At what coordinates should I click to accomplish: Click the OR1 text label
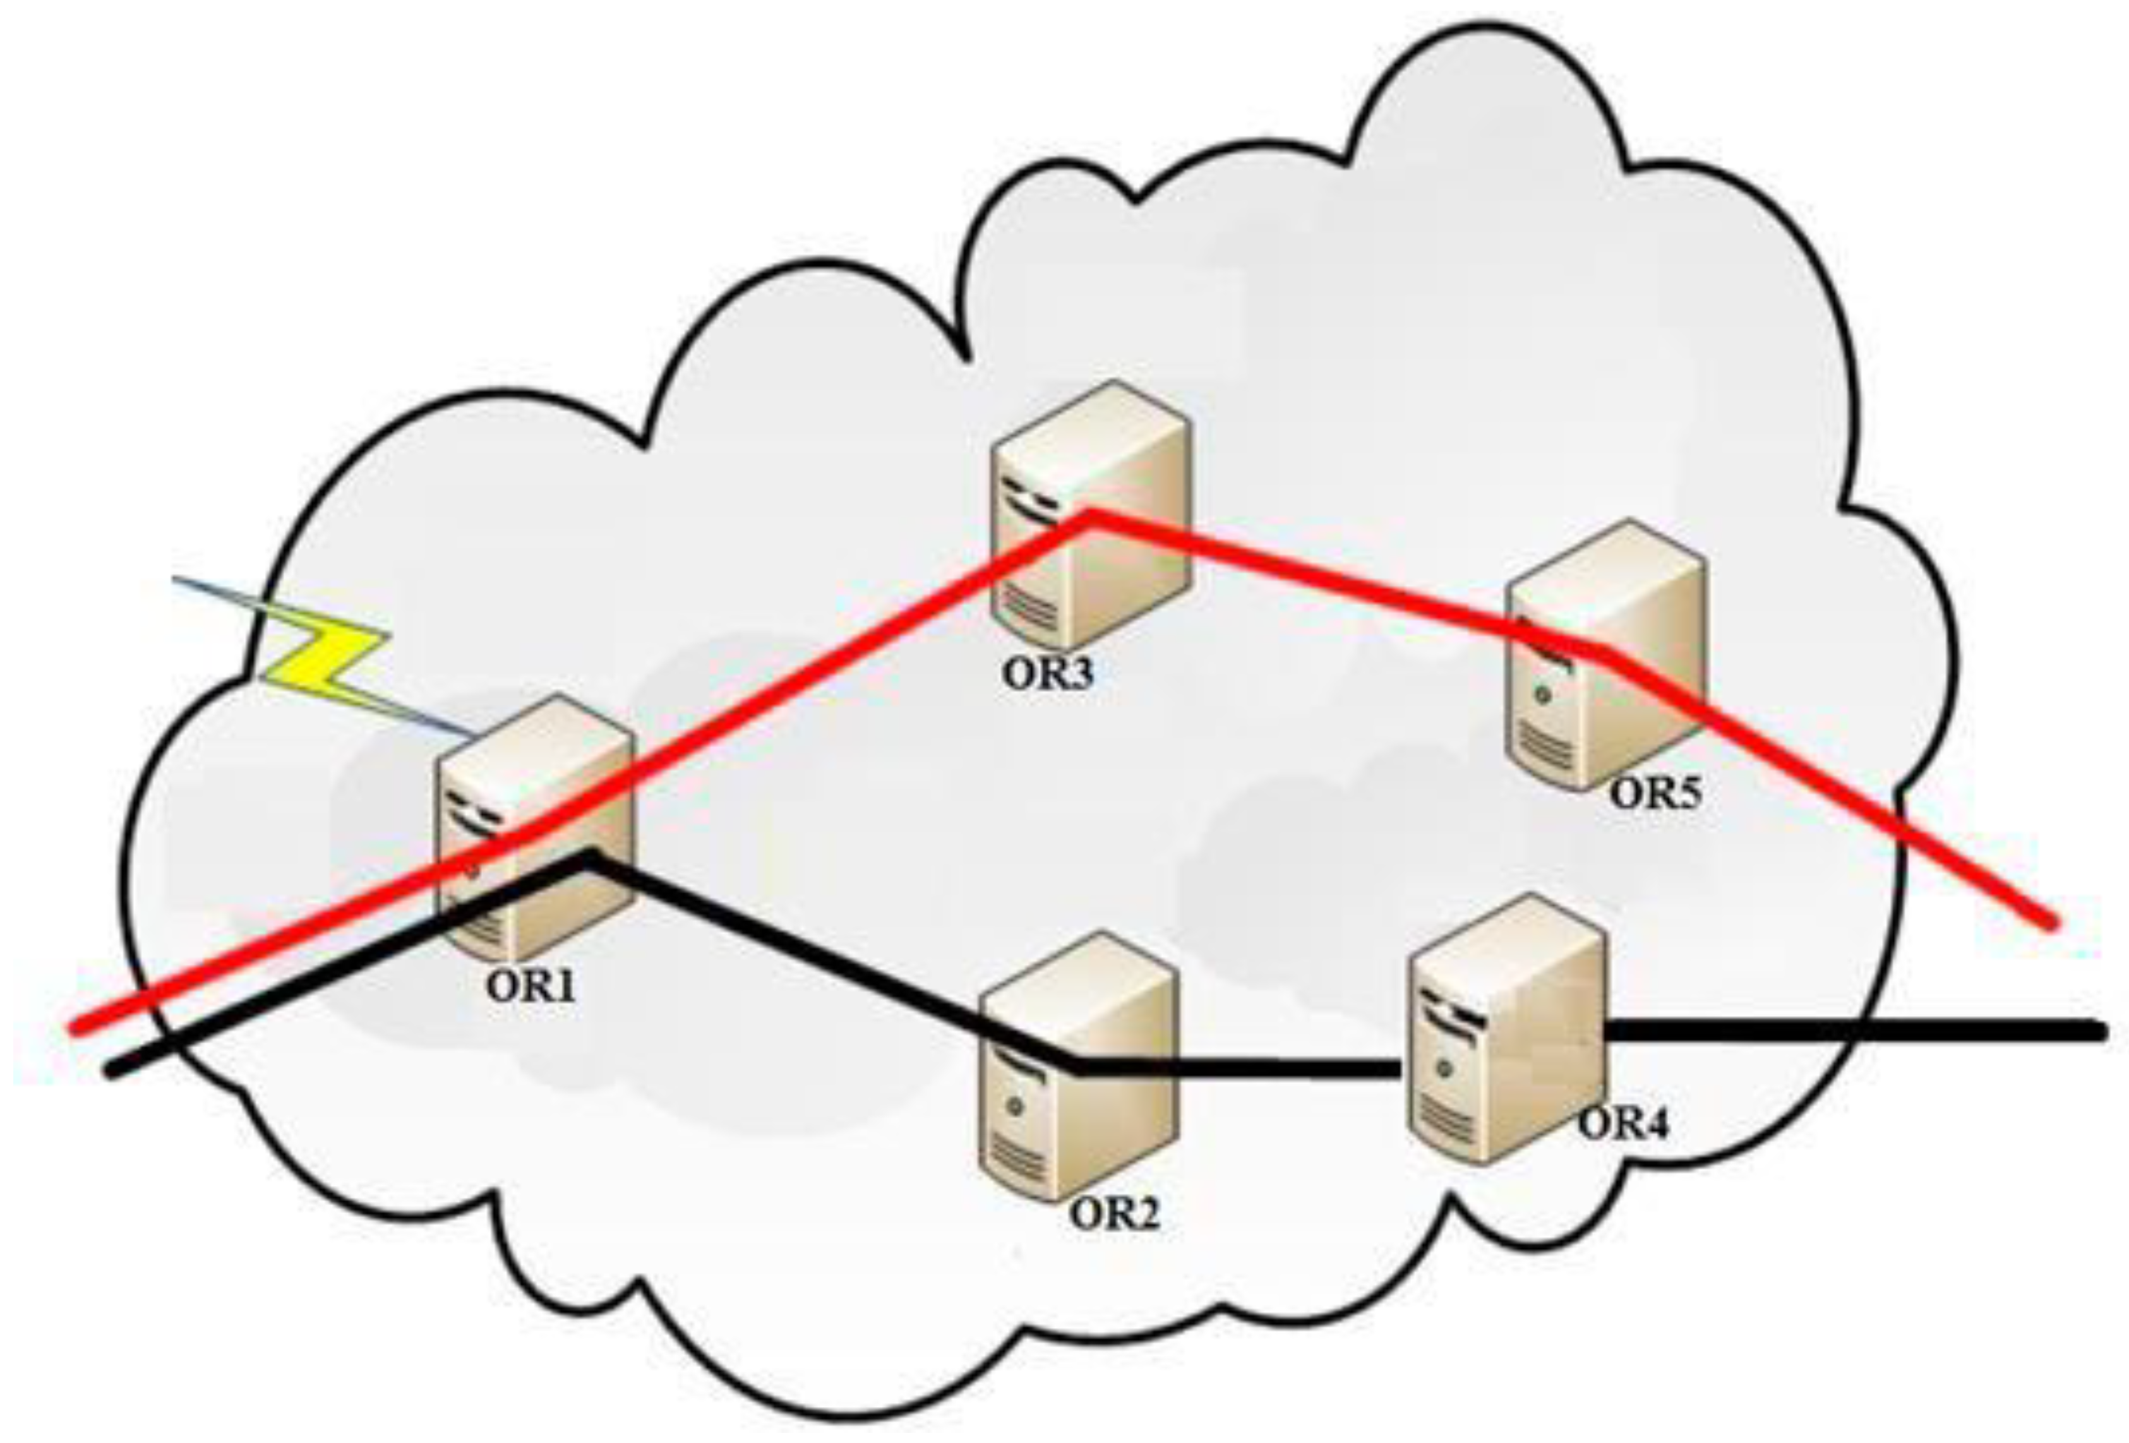pyautogui.click(x=531, y=987)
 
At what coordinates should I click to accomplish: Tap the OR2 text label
pyautogui.click(x=1115, y=1215)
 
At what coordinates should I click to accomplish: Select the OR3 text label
pyautogui.click(x=1048, y=673)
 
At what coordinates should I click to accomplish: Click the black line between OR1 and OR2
pyautogui.click(x=824, y=962)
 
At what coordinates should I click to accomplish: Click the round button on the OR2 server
pyautogui.click(x=1013, y=1107)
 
